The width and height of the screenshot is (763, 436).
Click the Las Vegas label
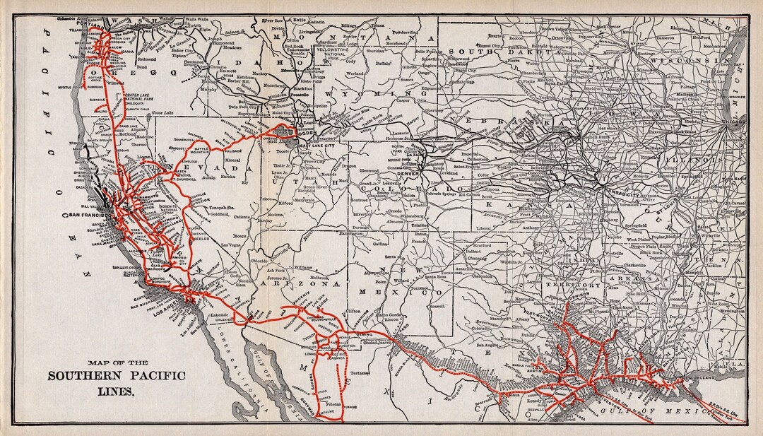coord(232,244)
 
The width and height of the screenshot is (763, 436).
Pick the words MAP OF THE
coord(116,363)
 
